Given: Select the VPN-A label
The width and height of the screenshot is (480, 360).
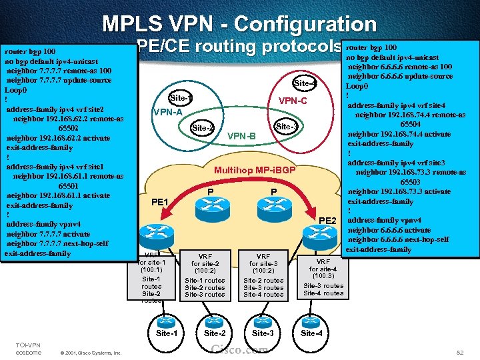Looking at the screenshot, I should [x=167, y=112].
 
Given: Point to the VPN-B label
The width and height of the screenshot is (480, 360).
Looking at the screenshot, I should [x=241, y=137].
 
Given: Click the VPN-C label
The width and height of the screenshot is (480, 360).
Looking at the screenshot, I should [x=293, y=101].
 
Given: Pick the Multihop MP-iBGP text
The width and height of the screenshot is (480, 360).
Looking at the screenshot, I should [x=255, y=170].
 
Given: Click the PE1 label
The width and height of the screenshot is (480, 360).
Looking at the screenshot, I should [x=161, y=202].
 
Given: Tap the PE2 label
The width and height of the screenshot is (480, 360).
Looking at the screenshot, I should [x=327, y=220].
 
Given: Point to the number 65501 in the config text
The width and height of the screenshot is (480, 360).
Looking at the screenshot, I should [x=69, y=185].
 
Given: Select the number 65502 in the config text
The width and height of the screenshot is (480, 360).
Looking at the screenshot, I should [x=69, y=128].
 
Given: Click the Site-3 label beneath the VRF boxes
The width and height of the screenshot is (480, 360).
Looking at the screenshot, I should [x=263, y=333].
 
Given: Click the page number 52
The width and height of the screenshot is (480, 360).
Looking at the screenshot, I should [x=459, y=351].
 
